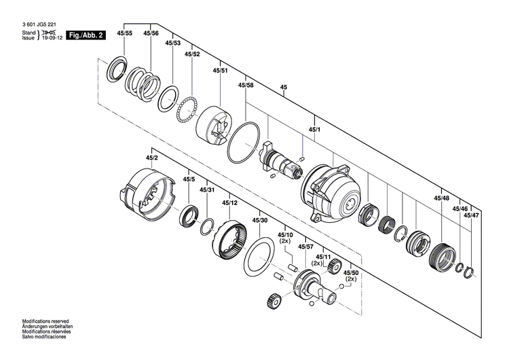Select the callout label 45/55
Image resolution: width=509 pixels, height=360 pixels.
(x=124, y=33)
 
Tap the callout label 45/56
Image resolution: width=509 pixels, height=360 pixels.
(x=151, y=33)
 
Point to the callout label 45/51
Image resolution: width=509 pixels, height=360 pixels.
(x=220, y=70)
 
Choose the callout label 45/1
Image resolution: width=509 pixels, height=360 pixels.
(x=314, y=128)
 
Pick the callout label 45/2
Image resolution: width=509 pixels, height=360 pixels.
(x=151, y=158)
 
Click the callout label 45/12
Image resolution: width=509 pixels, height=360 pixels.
(x=229, y=202)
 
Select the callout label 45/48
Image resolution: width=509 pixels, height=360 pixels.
(x=441, y=198)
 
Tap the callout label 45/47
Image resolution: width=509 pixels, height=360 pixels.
(x=471, y=215)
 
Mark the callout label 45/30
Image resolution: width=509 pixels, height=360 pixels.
(x=259, y=221)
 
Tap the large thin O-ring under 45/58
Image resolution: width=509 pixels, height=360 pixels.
(x=242, y=143)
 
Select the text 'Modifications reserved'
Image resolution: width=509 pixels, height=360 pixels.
(x=45, y=321)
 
